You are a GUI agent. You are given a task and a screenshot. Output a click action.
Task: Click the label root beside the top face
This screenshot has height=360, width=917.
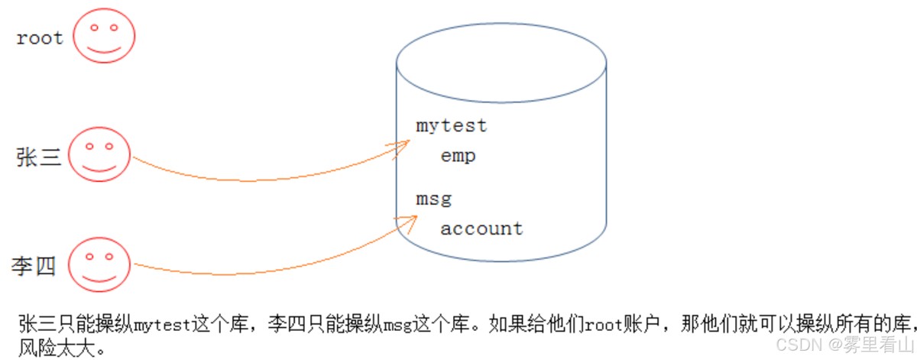pos(40,38)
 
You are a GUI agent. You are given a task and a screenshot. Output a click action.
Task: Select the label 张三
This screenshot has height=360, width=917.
pos(38,157)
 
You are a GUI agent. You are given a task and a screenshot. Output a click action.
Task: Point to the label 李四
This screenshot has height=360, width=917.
pos(34,266)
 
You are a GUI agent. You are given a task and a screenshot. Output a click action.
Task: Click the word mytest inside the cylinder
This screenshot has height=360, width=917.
pos(451,126)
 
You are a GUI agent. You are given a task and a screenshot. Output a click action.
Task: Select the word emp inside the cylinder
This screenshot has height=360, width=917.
pos(458,156)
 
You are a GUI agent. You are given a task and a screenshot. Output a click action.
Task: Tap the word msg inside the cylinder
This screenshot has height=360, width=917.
pos(434,199)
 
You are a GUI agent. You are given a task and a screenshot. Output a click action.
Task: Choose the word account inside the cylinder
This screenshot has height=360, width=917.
pos(481,229)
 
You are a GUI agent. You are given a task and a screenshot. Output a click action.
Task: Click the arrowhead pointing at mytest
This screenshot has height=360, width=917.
pos(399,148)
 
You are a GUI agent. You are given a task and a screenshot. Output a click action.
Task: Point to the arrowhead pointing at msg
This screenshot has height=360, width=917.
pos(407,224)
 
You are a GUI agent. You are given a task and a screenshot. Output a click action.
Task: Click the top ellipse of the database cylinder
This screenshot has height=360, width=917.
pos(501,24)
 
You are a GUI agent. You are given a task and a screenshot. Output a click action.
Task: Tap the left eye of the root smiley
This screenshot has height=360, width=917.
pos(94,28)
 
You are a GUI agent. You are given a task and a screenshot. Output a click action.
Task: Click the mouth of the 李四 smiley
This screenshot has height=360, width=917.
pos(99,279)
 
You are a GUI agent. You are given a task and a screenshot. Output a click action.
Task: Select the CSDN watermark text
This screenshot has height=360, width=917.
pos(845,345)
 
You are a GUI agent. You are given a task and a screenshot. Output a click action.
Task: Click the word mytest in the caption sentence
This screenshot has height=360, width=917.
pos(163,325)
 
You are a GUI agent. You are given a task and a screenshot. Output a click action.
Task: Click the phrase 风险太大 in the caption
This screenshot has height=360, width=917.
pos(57,348)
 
